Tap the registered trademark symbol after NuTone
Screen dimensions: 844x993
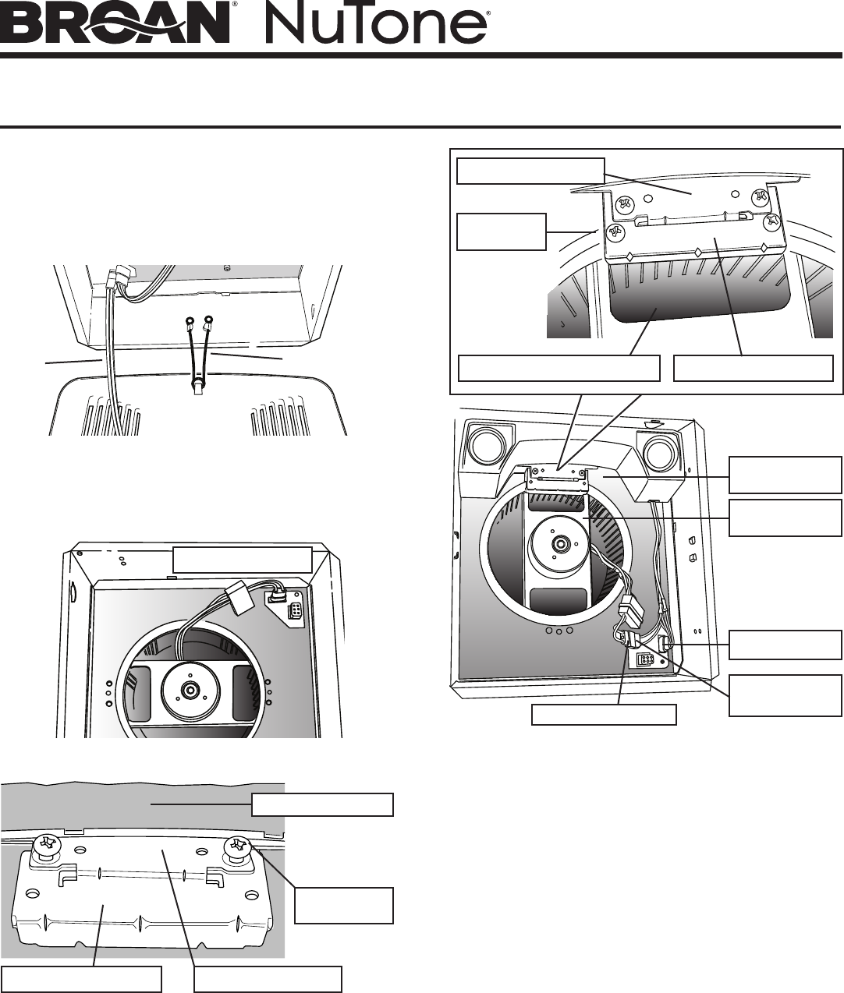coord(488,13)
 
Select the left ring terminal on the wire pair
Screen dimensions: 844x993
coord(190,320)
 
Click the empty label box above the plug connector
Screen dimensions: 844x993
coord(242,560)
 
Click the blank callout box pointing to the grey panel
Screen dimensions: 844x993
coord(322,804)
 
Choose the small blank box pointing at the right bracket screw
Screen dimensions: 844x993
coord(344,905)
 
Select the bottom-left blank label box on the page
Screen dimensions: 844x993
coord(81,979)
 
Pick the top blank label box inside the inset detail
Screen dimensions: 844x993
coord(530,171)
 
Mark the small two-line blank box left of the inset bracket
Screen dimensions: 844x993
coord(501,231)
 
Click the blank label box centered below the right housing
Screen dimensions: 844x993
coord(604,715)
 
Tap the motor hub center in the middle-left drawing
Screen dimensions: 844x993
coord(190,691)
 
